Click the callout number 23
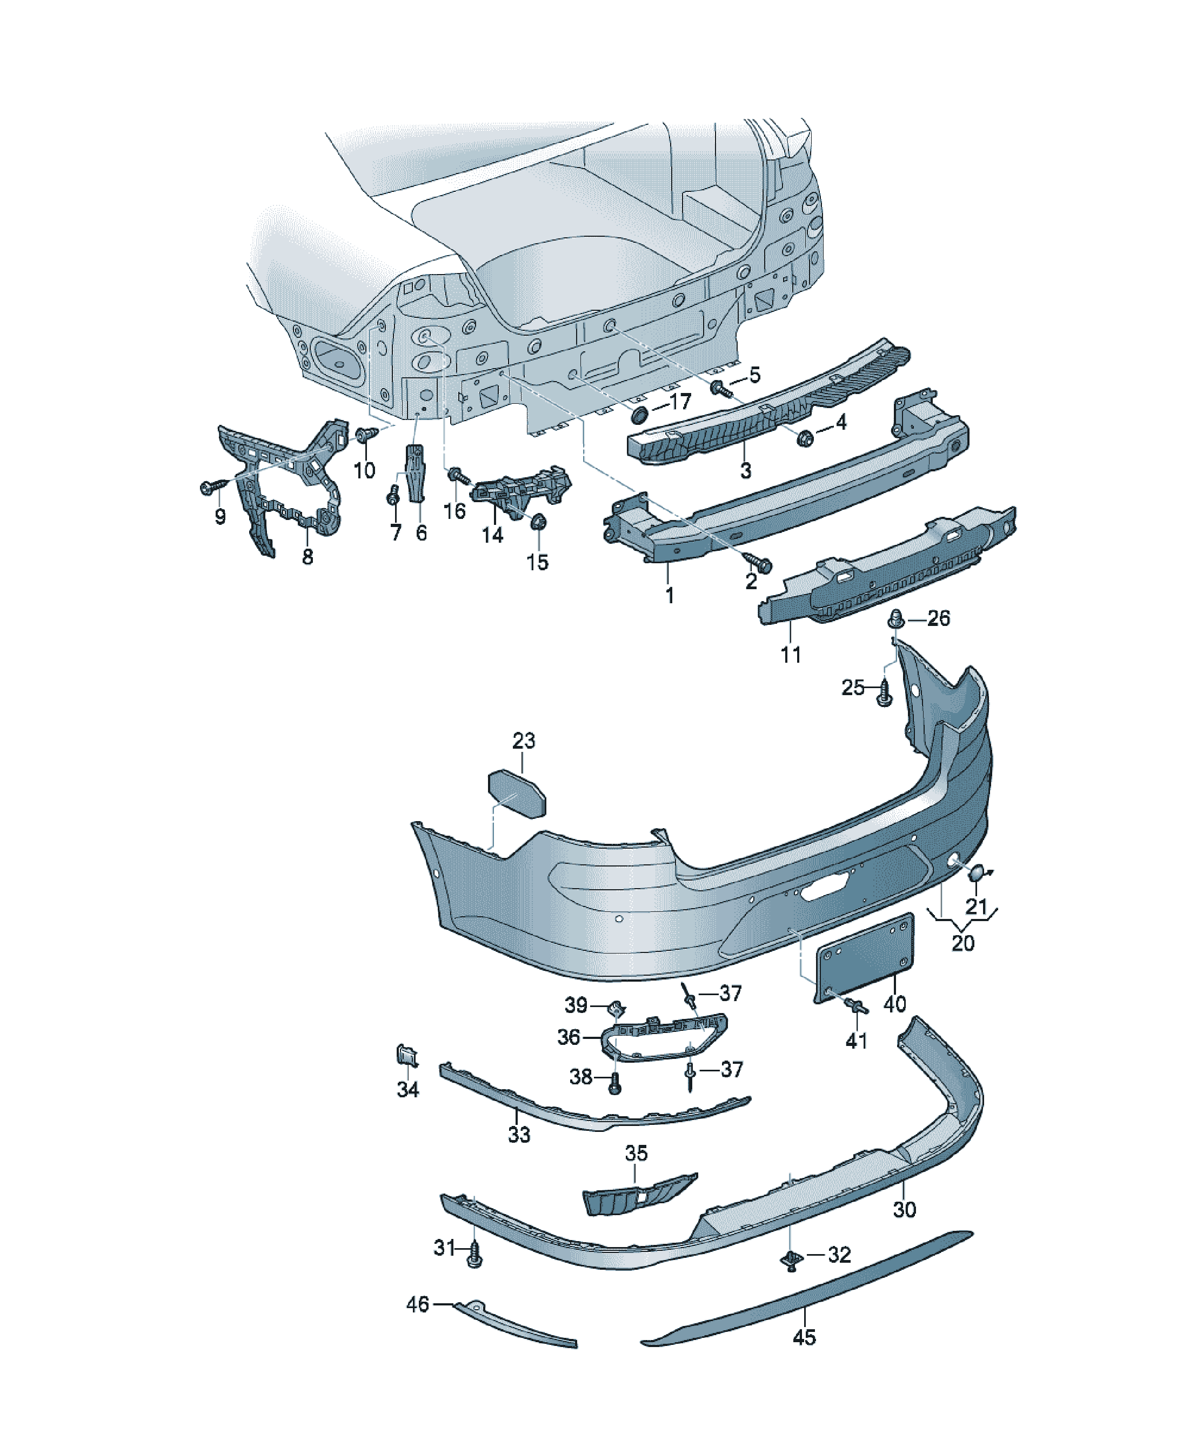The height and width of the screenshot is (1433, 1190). (x=524, y=741)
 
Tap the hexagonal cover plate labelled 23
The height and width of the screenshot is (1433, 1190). (x=517, y=793)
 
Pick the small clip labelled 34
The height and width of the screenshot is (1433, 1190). (x=407, y=1056)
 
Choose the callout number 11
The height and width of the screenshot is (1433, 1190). (x=790, y=655)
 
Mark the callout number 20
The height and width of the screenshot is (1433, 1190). (x=963, y=943)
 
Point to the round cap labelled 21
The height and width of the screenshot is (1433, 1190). (x=977, y=871)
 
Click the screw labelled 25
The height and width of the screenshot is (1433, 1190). (x=884, y=695)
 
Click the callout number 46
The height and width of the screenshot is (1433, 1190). (x=418, y=1305)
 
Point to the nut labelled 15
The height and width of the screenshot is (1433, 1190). (x=538, y=522)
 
